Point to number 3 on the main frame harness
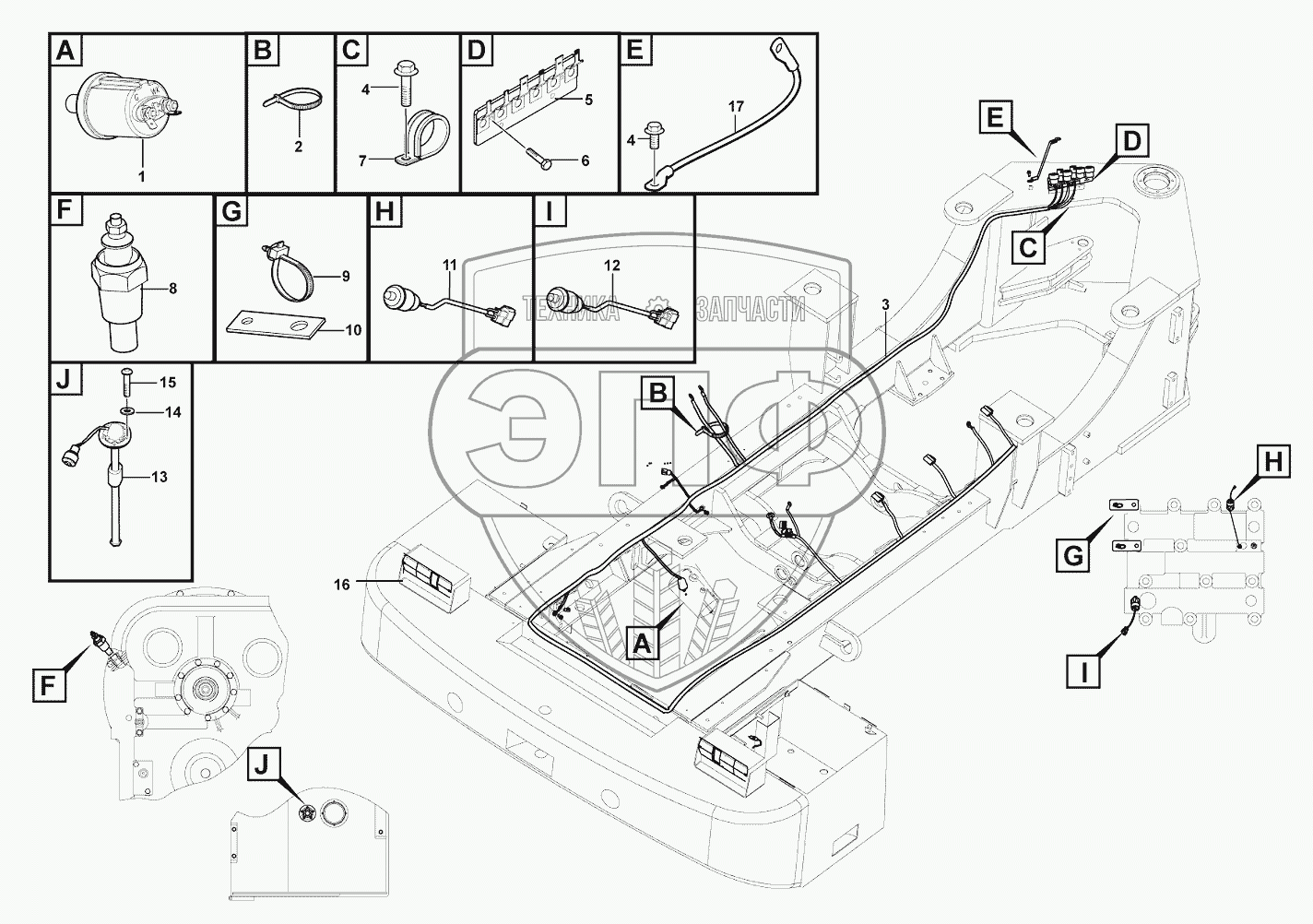tap(885, 303)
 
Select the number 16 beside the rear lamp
tap(342, 584)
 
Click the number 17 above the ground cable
tap(735, 107)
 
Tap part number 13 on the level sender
tap(159, 477)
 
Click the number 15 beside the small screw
tap(167, 382)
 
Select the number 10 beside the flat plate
tap(351, 330)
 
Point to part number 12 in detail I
tap(612, 266)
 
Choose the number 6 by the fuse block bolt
tap(585, 160)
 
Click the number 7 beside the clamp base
tap(365, 160)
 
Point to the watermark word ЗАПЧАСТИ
tap(751, 310)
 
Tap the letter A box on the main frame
tap(644, 642)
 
